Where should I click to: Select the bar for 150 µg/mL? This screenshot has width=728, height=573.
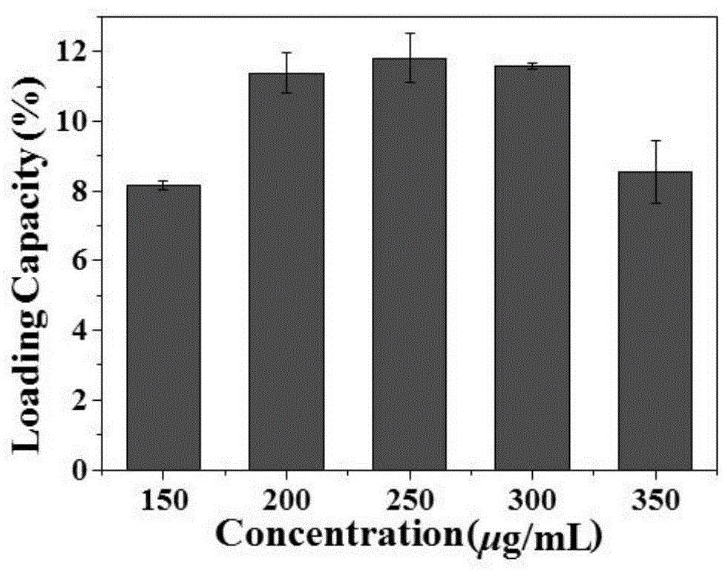[x=163, y=327]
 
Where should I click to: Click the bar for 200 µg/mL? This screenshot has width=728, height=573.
[x=286, y=272]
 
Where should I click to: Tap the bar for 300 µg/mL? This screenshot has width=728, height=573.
[x=532, y=268]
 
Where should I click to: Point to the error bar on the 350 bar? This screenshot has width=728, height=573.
[x=655, y=171]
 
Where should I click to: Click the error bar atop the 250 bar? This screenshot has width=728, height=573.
[x=409, y=57]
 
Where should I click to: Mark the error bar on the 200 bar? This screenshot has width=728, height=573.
[x=286, y=72]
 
